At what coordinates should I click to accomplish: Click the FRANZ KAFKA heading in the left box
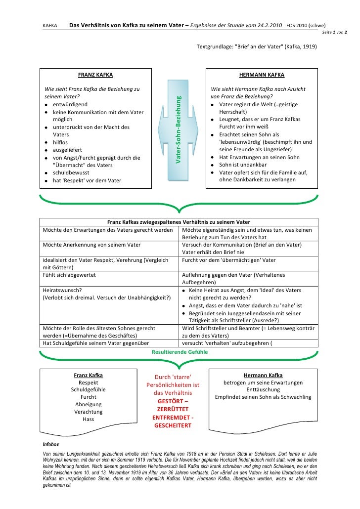pyautogui.click(x=95, y=76)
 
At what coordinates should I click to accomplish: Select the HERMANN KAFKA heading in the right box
pyautogui.click(x=262, y=76)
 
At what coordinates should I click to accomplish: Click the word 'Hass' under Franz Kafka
pyautogui.click(x=89, y=419)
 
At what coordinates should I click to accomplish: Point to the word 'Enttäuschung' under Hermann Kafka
pyautogui.click(x=263, y=389)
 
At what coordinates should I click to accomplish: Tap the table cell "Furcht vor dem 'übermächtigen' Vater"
pyautogui.click(x=229, y=259)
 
